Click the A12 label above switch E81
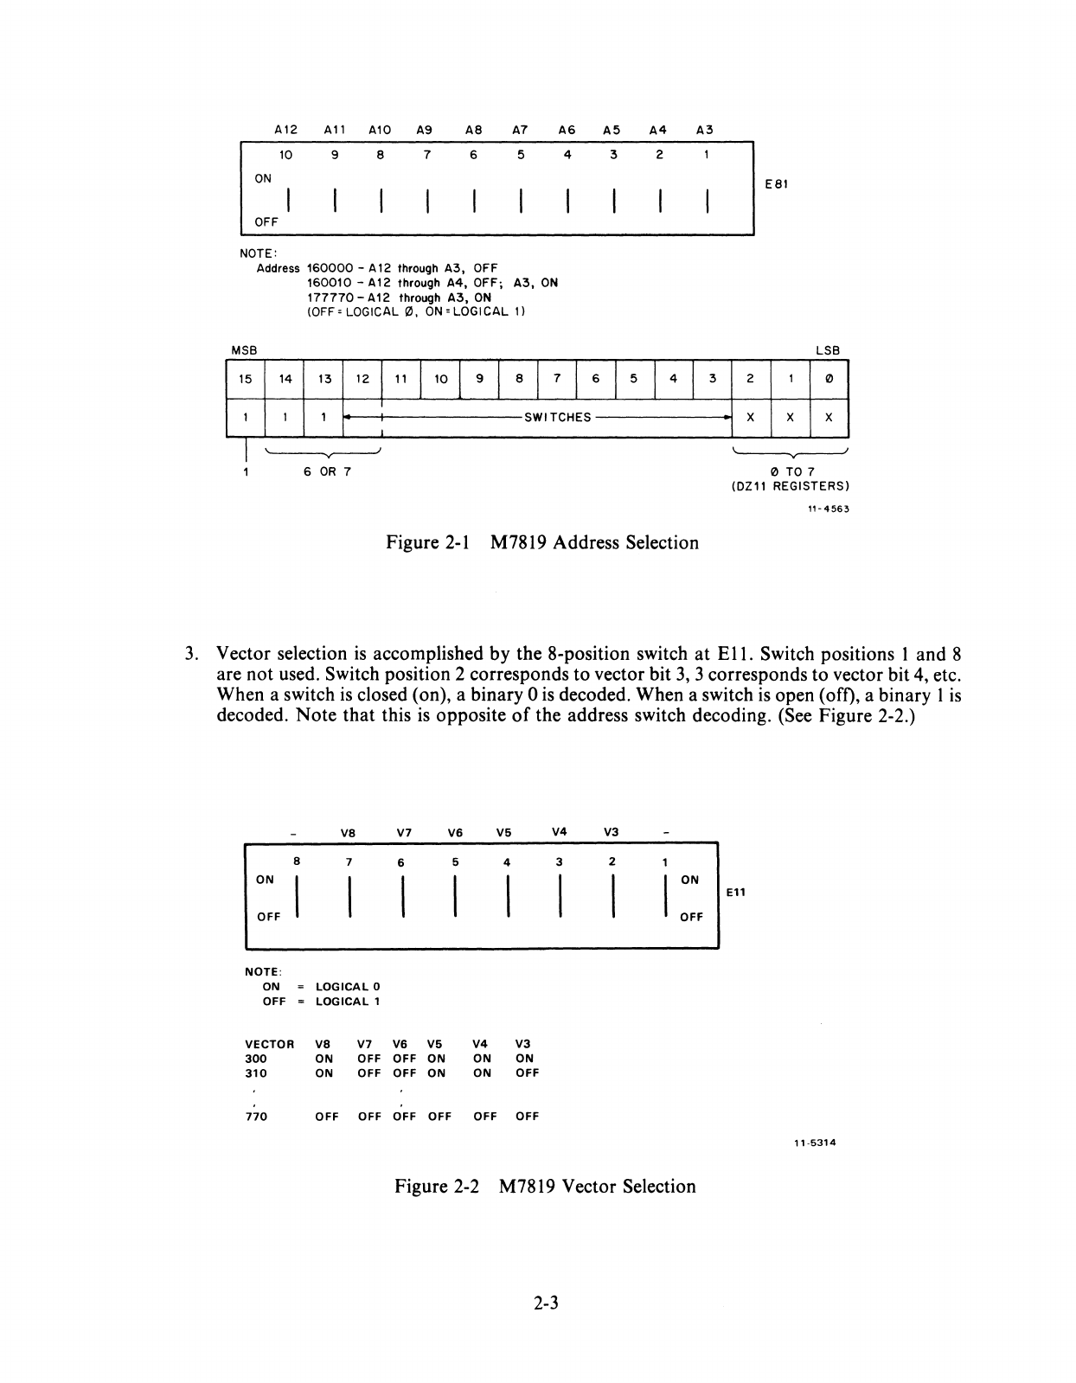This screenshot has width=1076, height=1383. point(285,130)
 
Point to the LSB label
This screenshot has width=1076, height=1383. point(828,350)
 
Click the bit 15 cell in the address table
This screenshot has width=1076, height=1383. point(246,379)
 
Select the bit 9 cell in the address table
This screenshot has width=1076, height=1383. point(480,379)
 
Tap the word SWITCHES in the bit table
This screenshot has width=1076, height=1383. point(558,417)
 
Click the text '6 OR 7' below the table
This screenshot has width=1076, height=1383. point(327,472)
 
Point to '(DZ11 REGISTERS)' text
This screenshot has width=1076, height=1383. point(791,486)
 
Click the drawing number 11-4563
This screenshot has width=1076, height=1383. point(828,509)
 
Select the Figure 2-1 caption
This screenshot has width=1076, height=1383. point(541,543)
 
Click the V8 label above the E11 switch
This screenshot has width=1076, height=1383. point(347,833)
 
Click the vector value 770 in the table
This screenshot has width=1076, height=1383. point(257,1117)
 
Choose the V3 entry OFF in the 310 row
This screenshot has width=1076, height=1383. point(527,1072)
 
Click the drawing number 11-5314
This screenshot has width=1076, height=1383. point(815,1143)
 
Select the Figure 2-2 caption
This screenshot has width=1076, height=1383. point(545,1186)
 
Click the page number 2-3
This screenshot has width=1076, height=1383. point(546,1302)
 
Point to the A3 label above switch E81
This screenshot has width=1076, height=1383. point(704,130)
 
